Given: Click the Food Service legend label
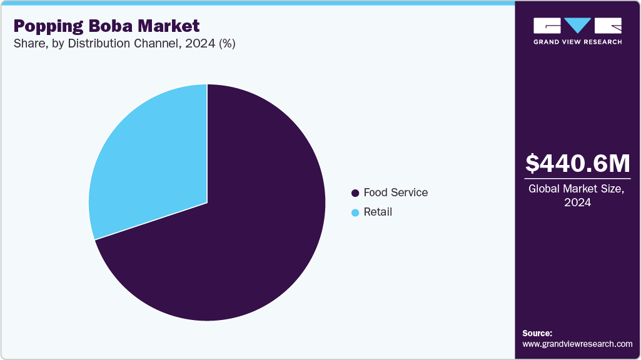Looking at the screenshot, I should [x=396, y=192].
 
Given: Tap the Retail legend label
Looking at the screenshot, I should [x=378, y=212].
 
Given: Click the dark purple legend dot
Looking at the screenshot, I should [x=355, y=193].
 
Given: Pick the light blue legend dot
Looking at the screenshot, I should [x=355, y=212].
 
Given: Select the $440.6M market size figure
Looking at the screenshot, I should [x=577, y=163].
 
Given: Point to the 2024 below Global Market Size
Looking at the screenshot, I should [x=577, y=202].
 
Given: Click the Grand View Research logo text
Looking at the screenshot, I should [x=577, y=42].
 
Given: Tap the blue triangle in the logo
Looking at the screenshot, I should [x=578, y=25].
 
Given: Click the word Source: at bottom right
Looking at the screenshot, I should [x=537, y=334].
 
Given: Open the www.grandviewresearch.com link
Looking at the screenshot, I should [x=577, y=344].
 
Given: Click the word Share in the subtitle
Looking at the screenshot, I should [x=28, y=44].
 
